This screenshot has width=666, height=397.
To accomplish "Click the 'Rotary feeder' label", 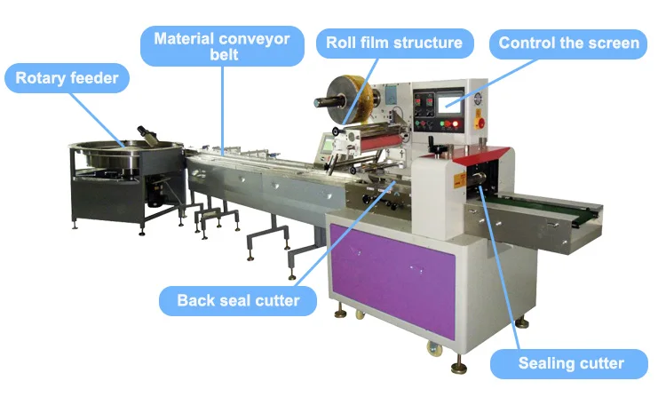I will click(67, 79).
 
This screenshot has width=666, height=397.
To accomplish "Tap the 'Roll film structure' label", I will click(393, 43).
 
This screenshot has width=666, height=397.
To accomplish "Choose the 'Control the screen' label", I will click(568, 43).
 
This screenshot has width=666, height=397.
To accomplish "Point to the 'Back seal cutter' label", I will click(238, 300).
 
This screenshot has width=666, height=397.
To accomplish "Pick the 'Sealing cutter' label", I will click(571, 362).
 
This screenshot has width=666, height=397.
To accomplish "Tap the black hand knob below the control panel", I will click(435, 147).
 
